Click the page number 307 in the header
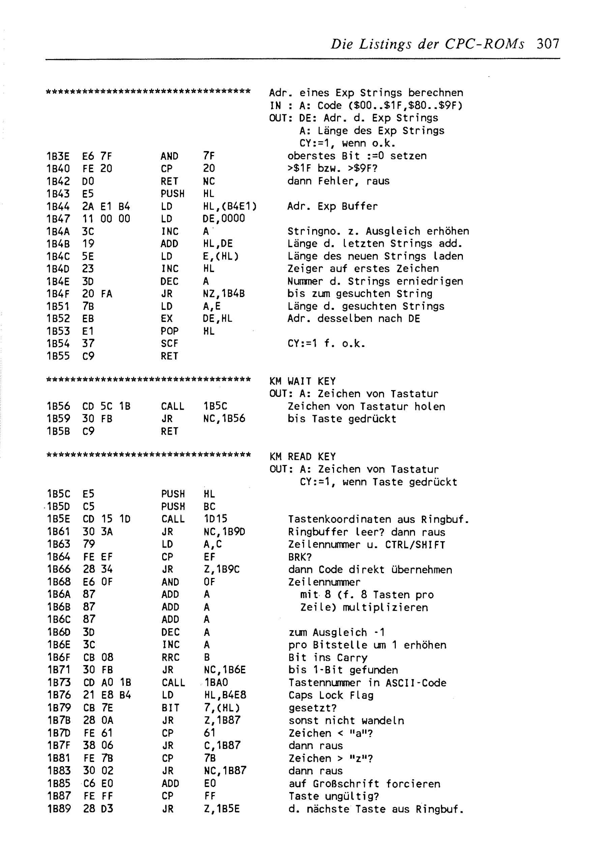[547, 44]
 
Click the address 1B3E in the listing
[58, 156]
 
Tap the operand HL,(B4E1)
[230, 206]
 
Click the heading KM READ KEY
[302, 457]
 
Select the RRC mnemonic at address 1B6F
[170, 658]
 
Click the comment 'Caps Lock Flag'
[330, 695]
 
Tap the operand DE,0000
[223, 218]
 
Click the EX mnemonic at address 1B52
[167, 318]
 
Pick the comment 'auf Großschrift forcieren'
[364, 783]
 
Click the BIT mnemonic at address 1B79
[170, 708]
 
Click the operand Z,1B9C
[221, 569]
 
